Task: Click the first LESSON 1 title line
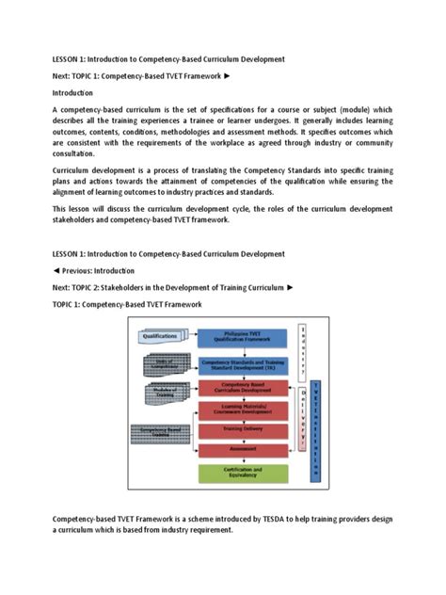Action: pos(167,59)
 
